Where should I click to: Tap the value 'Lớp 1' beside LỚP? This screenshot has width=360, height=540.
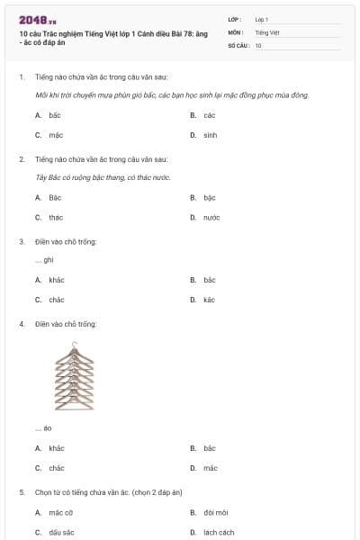pos(262,19)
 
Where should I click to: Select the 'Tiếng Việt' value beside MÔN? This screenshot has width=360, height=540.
pos(267,31)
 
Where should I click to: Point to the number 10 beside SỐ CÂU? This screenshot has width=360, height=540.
pos(258,44)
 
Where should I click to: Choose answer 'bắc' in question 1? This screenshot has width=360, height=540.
pos(55,115)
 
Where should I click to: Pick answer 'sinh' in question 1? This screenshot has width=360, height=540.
pos(210,135)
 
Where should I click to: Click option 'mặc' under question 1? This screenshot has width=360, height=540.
pos(56,135)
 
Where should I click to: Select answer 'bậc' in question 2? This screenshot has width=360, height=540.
pos(210,197)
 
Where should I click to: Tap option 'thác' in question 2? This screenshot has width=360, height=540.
pos(56,217)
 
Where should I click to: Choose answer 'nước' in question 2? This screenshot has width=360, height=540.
pos(211,217)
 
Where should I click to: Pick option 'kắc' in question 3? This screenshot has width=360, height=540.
pos(209,300)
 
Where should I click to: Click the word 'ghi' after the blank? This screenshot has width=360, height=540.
pos(49,260)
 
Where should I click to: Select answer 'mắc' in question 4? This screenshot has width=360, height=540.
pos(210,468)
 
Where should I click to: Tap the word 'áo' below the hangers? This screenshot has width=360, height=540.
pos(48,428)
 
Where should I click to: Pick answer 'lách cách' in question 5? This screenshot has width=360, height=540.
pos(219,532)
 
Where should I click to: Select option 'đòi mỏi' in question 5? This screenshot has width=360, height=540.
pos(215,512)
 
